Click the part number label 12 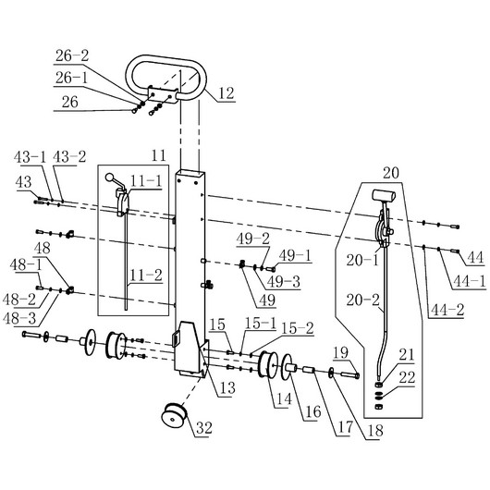click(226, 93)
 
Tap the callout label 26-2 click(72, 56)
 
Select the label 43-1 click(30, 157)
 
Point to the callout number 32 click(204, 428)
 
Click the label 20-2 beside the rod click(362, 300)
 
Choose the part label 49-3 click(284, 282)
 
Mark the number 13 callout click(227, 388)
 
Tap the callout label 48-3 click(19, 318)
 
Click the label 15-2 click(298, 328)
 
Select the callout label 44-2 click(447, 310)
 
